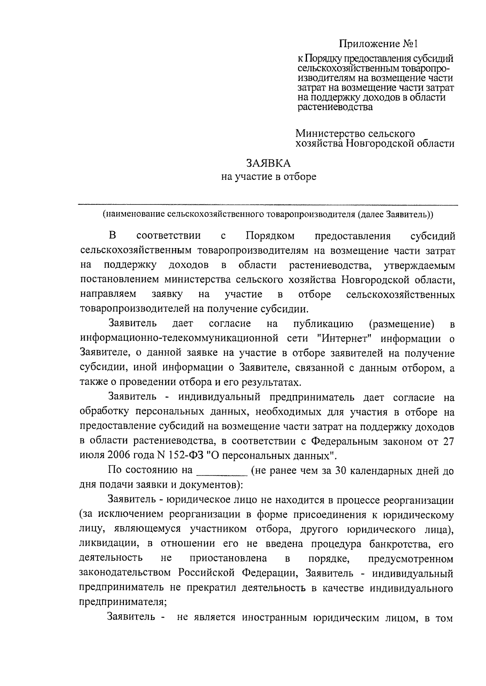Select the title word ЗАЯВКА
point(269,163)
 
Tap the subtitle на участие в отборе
point(269,177)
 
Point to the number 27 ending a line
point(447,441)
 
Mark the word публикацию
point(323,324)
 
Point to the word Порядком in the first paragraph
point(270,236)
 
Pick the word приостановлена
point(228,559)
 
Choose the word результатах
point(271,382)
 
